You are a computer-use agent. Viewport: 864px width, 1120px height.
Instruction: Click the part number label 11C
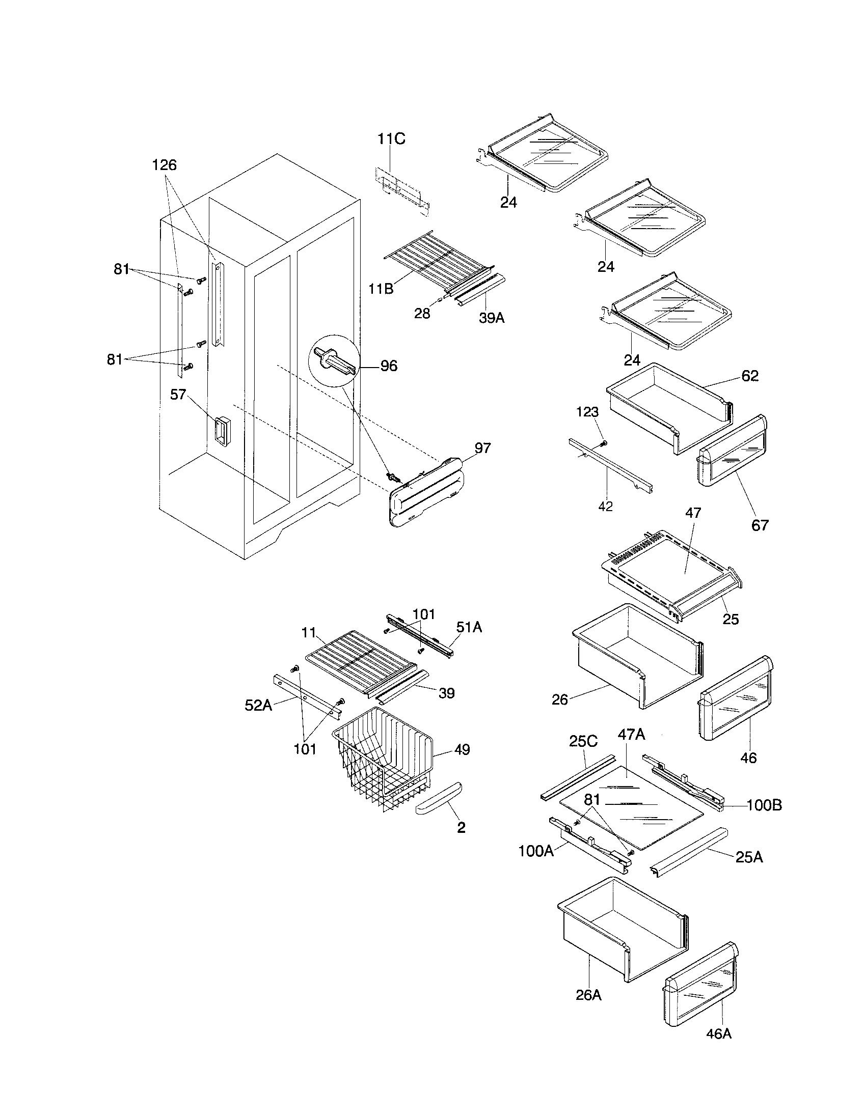(391, 139)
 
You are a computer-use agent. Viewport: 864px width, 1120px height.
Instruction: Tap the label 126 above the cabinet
(164, 165)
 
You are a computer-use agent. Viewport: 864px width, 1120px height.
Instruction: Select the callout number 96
(388, 366)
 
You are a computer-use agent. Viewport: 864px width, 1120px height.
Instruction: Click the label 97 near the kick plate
(482, 447)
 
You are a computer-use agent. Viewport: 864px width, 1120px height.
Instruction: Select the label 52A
(258, 705)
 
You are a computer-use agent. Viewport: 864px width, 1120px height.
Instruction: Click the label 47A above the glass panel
(631, 735)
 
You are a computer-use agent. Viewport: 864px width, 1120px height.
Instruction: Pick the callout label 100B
(764, 806)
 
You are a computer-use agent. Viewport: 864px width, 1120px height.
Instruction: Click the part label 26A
(588, 995)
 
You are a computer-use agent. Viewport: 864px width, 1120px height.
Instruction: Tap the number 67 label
(760, 525)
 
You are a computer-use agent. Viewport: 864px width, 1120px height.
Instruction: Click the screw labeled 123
(604, 442)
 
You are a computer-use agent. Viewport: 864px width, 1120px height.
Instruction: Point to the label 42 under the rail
(605, 507)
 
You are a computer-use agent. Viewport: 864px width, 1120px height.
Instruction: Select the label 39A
(492, 318)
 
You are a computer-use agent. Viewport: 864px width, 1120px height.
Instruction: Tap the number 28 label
(422, 314)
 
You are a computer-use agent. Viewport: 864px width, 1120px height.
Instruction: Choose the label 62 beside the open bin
(749, 376)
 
